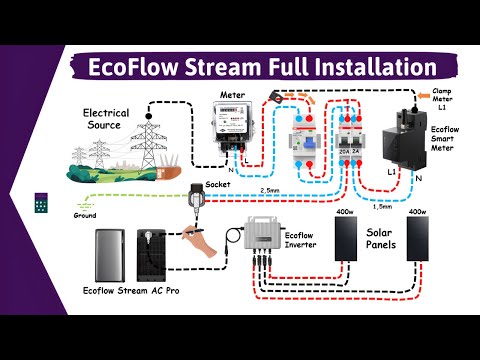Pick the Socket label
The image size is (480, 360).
218,185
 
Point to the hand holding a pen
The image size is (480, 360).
198,238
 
